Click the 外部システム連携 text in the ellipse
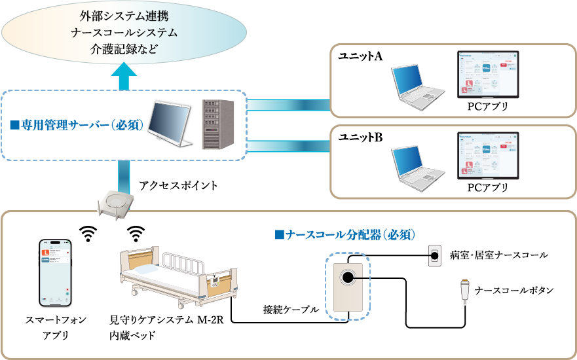point(124,15)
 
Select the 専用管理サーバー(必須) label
point(78,124)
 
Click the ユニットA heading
point(360,57)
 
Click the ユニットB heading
point(360,139)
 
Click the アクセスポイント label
point(179,186)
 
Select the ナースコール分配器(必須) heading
point(346,234)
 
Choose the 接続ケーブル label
point(291,309)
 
